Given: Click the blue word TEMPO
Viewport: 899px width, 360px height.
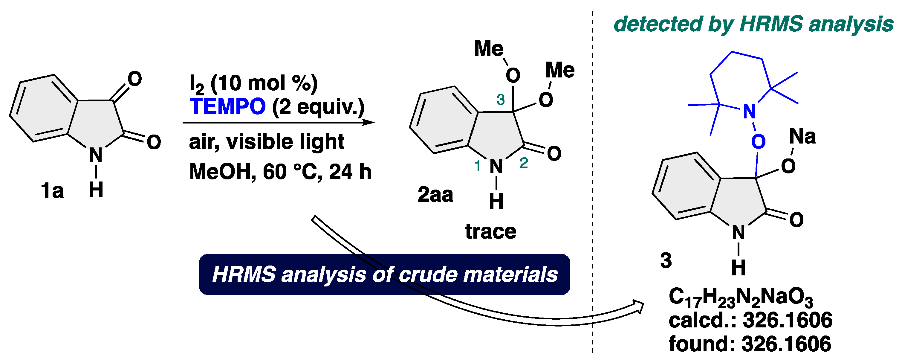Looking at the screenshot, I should tap(227, 106).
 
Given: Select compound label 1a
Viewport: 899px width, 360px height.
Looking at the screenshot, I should tap(52, 191).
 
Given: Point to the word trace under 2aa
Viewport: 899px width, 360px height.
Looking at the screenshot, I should tap(490, 231).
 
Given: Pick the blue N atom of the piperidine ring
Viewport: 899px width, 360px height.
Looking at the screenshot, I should tap(749, 112).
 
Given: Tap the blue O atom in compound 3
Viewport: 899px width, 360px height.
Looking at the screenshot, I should tap(758, 142).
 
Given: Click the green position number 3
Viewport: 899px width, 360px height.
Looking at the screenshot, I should tap(500, 100).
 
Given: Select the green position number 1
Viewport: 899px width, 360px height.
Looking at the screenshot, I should tap(478, 166).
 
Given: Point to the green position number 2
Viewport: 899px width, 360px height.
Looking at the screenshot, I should tap(524, 163).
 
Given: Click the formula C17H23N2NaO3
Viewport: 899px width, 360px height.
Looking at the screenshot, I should tap(741, 298).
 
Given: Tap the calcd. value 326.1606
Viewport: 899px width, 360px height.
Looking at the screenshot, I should tap(787, 320).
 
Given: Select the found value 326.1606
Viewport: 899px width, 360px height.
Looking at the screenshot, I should tap(786, 344).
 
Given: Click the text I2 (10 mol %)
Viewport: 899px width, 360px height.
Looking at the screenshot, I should tap(253, 84).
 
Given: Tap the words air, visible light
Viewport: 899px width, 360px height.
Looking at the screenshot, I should tap(267, 142).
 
